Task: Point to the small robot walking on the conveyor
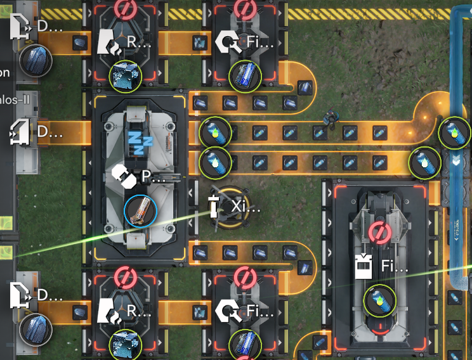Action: [x=330, y=118]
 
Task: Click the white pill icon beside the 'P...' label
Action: [x=124, y=177]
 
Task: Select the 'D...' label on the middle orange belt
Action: [x=50, y=132]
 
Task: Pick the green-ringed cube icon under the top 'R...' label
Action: [x=125, y=75]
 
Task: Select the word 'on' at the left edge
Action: [x=5, y=72]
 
